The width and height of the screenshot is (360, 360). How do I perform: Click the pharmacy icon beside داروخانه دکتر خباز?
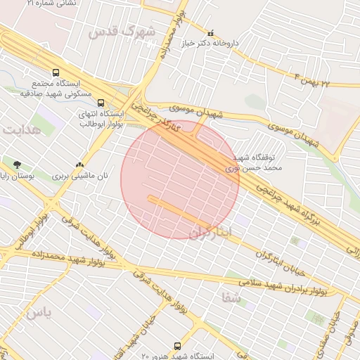pyautogui.click(x=210, y=32)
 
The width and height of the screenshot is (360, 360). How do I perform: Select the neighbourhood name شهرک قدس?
pyautogui.click(x=122, y=31)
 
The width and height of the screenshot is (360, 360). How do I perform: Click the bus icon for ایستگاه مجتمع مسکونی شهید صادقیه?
pyautogui.click(x=56, y=72)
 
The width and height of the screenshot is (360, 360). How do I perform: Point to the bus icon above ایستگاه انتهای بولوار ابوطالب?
pyautogui.click(x=101, y=103)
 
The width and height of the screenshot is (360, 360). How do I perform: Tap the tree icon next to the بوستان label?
pyautogui.click(x=17, y=165)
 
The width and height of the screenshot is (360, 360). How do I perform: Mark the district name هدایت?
pyautogui.click(x=22, y=130)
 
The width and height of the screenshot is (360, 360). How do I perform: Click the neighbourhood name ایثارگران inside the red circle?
pyautogui.click(x=209, y=233)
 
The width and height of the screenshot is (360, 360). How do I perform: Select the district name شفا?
pyautogui.click(x=231, y=298)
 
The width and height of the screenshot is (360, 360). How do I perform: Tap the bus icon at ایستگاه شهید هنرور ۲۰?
pyautogui.click(x=177, y=346)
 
